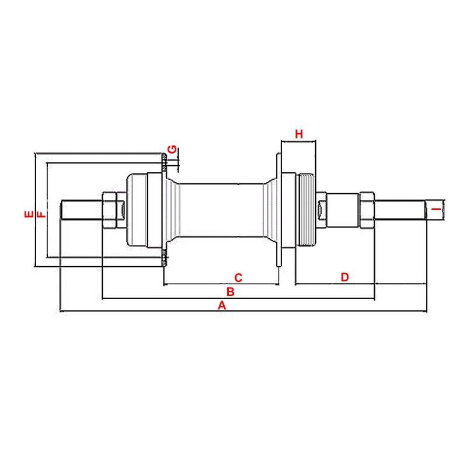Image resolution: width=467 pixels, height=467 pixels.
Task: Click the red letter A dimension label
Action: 222,305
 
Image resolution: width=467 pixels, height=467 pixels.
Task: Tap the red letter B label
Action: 230,292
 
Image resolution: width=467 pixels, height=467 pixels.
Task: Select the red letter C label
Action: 238,278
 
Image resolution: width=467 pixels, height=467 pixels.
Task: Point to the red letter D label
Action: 344,277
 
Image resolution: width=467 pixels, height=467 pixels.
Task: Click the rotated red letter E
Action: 29,214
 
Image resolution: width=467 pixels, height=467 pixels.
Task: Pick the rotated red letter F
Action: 41,214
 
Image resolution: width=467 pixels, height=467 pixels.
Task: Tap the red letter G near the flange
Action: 172,149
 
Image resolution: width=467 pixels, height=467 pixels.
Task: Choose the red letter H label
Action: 299,134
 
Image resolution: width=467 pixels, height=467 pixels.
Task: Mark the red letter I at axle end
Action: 436,210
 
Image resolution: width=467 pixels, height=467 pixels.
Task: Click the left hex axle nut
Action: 109,210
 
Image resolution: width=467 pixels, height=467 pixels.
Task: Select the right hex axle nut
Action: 367,210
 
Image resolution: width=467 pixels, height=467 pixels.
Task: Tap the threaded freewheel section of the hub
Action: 306,210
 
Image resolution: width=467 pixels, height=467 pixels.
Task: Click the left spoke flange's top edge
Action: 164,154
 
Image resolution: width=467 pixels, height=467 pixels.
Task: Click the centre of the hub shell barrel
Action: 222,210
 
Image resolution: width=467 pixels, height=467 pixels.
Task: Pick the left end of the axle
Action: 61,210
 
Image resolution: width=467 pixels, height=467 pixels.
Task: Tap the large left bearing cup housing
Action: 137,210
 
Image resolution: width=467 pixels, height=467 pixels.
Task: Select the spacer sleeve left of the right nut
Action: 343,210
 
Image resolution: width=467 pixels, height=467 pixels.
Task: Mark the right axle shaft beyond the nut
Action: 400,210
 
